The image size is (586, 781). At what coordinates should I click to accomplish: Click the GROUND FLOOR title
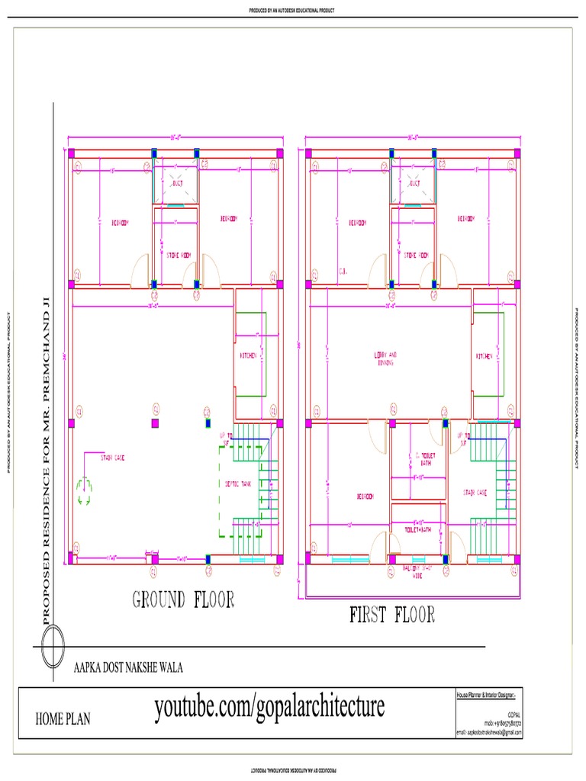183,599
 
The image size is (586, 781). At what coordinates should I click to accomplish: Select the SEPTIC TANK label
239,484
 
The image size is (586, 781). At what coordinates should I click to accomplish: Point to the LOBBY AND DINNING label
385,358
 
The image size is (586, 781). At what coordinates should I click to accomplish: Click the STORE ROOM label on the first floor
415,256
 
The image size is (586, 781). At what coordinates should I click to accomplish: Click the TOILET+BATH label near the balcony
417,527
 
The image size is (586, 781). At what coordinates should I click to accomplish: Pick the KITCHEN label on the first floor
485,356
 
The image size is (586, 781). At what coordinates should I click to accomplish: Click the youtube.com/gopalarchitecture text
269,707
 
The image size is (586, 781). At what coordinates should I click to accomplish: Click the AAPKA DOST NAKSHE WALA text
127,667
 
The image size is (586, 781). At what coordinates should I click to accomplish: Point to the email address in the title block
489,731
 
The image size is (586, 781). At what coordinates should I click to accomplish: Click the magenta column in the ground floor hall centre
155,422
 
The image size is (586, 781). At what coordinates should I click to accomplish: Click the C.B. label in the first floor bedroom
343,271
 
